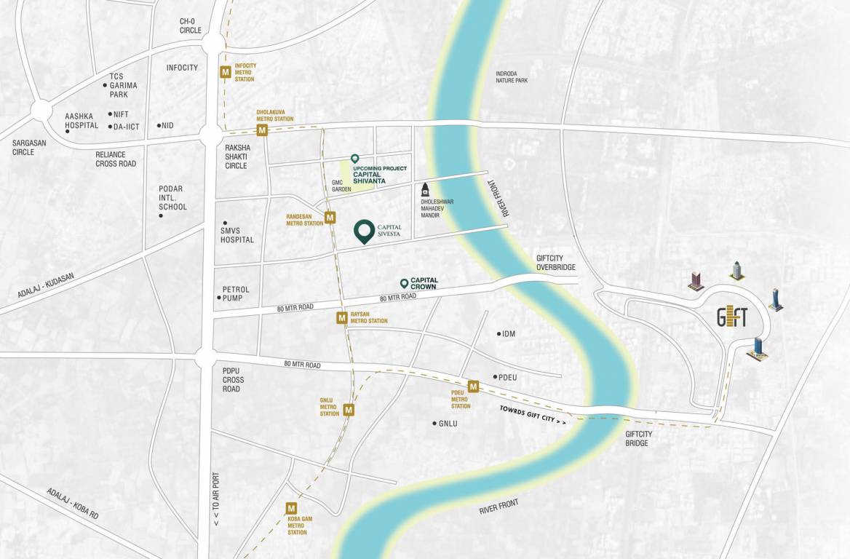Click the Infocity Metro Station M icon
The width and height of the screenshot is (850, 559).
click(226, 71)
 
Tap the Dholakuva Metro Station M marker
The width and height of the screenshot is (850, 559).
click(262, 130)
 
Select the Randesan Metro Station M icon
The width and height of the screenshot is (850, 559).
click(330, 217)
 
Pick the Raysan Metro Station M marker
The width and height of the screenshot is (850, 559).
click(341, 317)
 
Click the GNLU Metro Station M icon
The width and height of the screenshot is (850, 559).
click(349, 410)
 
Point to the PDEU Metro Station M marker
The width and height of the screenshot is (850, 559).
click(473, 386)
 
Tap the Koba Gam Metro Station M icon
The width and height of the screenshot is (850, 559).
click(291, 508)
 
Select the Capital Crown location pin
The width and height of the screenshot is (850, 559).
click(404, 283)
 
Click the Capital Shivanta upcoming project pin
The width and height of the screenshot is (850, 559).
click(354, 158)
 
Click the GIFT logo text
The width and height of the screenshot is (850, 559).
click(732, 317)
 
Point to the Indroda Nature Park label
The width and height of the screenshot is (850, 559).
click(511, 76)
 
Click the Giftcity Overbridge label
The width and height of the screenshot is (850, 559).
click(555, 263)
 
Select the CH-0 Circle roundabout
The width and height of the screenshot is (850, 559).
click(212, 44)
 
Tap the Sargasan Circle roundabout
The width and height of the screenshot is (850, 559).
click(41, 111)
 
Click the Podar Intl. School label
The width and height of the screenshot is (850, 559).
click(172, 198)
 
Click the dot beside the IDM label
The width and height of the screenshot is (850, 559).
click(499, 333)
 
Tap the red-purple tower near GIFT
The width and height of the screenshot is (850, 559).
click(696, 281)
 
